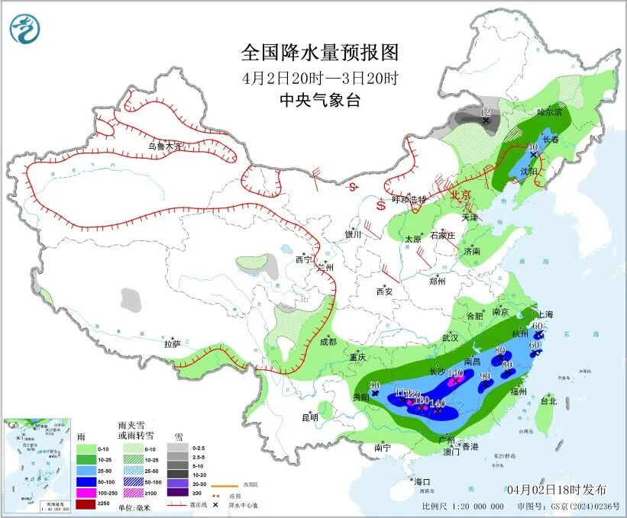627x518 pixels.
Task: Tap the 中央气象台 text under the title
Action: tap(319, 101)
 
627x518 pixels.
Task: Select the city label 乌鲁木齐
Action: tap(166, 146)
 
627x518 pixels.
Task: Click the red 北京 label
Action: tap(461, 195)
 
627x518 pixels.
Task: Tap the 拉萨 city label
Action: tap(171, 344)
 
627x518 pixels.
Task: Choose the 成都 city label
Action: tap(328, 342)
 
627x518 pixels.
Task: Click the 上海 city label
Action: tap(545, 314)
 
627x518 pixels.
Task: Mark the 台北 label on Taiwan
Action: tap(548, 401)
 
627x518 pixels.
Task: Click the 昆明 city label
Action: tap(309, 417)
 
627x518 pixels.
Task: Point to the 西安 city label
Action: tap(384, 291)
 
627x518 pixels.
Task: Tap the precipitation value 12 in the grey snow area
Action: tap(486, 113)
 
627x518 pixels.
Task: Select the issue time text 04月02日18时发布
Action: tap(557, 489)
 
